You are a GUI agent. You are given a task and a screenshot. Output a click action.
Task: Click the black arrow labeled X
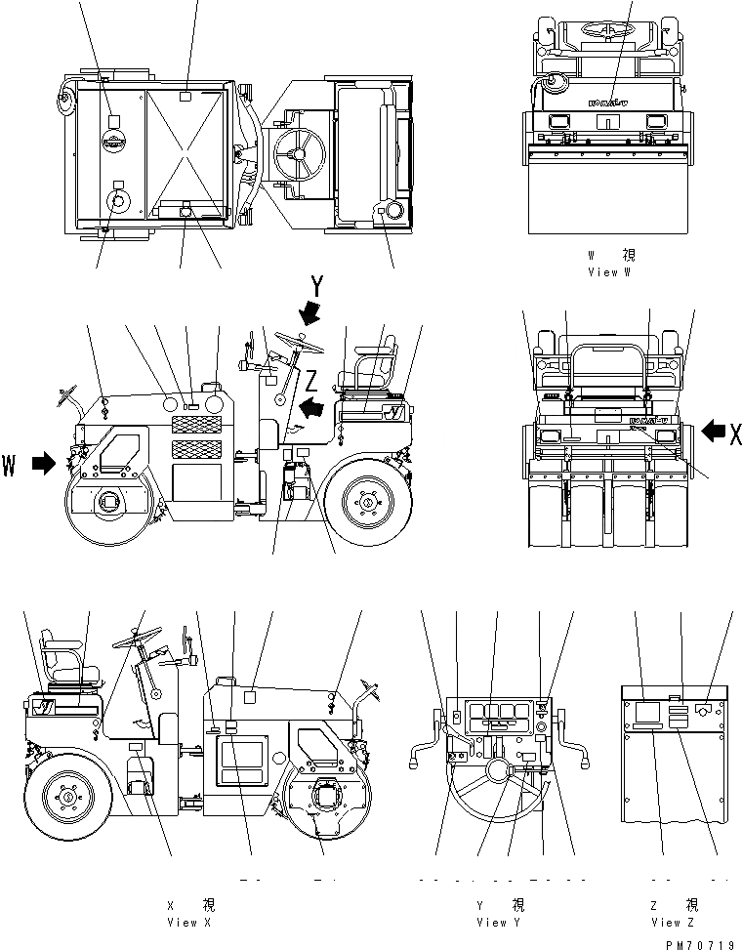click(x=714, y=431)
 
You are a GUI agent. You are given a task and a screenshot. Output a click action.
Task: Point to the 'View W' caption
click(x=610, y=272)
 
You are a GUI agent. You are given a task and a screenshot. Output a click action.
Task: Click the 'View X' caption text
click(x=183, y=922)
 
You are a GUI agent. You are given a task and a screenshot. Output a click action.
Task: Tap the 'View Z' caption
click(x=672, y=922)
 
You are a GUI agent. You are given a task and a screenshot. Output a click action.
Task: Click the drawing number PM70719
click(x=699, y=943)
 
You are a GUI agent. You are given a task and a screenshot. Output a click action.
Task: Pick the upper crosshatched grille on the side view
click(x=196, y=424)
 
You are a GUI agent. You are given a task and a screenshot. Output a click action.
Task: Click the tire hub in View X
click(x=69, y=796)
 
